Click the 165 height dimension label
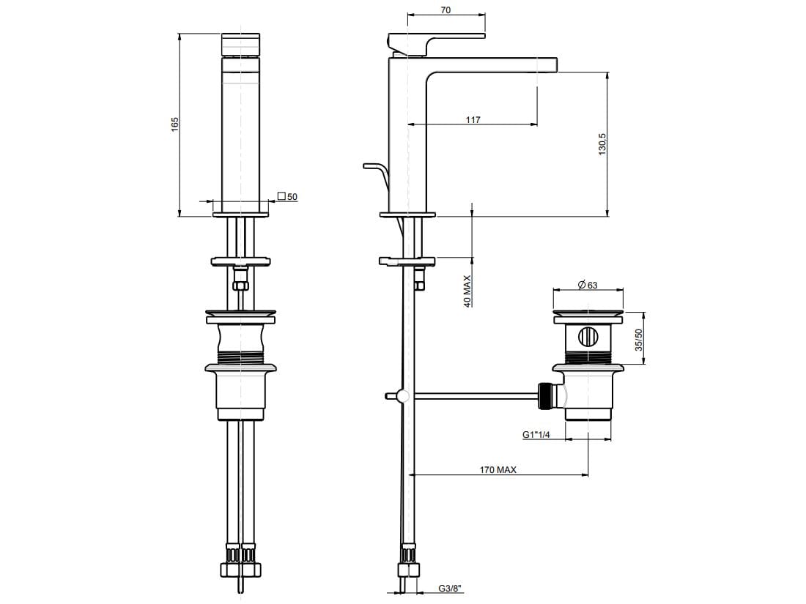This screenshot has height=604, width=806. click(175, 124)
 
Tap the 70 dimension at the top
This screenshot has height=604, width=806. click(445, 10)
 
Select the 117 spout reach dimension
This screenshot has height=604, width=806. click(473, 119)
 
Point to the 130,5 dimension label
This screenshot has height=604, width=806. click(602, 144)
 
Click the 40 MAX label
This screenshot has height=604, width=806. click(467, 291)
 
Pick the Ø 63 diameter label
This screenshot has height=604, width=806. click(588, 285)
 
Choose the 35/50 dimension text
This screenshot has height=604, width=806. click(638, 340)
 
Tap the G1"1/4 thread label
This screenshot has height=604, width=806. click(536, 434)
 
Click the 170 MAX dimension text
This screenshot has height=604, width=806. click(498, 469)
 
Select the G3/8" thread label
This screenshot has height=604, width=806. click(450, 589)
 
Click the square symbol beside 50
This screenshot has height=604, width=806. click(281, 195)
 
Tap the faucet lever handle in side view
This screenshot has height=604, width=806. click(437, 43)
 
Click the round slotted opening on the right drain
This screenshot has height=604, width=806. click(588, 338)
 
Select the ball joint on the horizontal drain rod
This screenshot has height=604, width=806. click(404, 396)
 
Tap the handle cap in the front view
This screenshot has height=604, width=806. click(240, 44)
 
